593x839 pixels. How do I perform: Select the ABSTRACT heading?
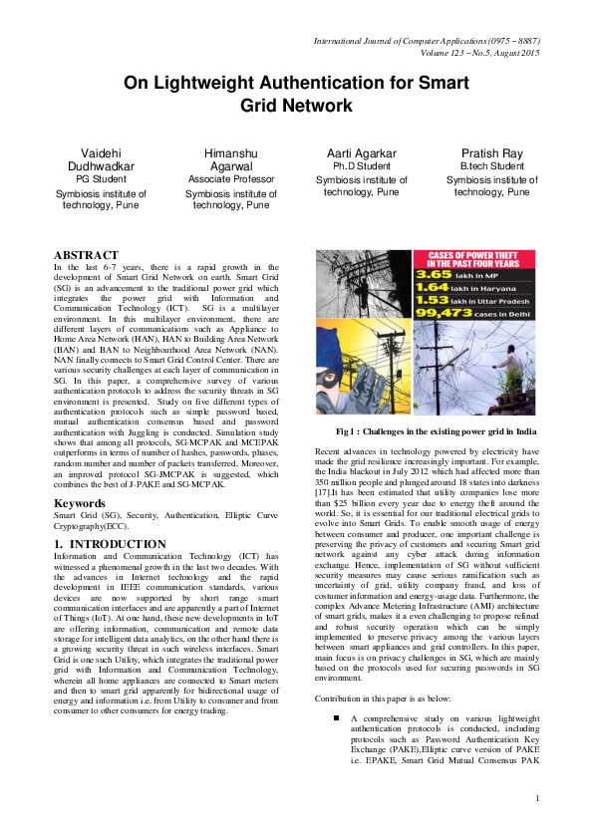tap(86, 255)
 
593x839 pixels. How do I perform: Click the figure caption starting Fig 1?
tap(437, 431)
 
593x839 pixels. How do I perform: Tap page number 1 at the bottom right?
tap(536, 797)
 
